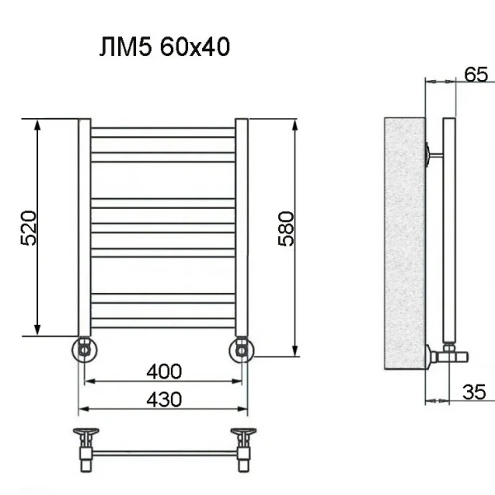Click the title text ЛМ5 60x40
[164, 49]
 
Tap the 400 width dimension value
[164, 372]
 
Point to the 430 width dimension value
[164, 399]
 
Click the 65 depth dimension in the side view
[475, 74]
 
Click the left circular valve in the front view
[85, 350]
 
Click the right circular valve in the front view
[242, 350]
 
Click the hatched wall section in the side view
[404, 243]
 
